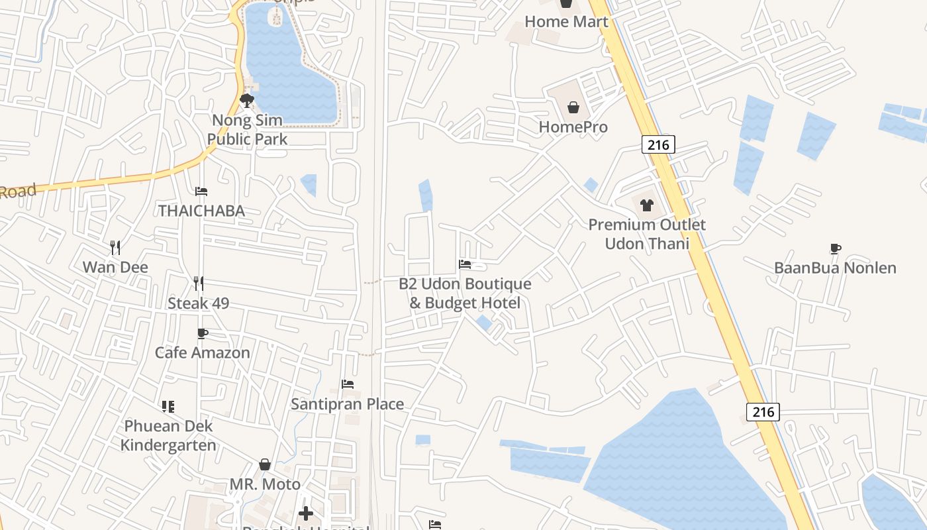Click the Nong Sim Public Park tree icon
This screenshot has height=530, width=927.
(247, 101)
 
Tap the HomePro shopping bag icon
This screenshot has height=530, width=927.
(573, 107)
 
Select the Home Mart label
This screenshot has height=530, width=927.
(566, 21)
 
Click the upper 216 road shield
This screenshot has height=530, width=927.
(658, 144)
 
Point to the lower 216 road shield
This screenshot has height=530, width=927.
(763, 411)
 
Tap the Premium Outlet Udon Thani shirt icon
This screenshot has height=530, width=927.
(646, 205)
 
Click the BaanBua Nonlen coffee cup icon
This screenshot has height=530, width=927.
(835, 248)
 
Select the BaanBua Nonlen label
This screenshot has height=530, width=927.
(835, 268)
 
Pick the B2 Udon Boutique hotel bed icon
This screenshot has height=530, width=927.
(465, 264)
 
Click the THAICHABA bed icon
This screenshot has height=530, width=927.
(201, 191)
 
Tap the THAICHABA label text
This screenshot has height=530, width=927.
(201, 211)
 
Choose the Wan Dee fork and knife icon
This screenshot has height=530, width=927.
(115, 248)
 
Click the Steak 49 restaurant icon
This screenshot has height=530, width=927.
(198, 284)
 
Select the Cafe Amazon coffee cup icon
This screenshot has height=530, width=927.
(203, 333)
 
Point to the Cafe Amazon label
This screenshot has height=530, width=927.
(203, 352)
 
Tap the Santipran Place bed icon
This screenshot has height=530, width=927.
(348, 384)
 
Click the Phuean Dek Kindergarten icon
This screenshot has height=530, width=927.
(168, 406)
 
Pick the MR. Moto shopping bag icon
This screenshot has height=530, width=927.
(265, 464)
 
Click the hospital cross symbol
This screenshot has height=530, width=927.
(306, 513)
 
